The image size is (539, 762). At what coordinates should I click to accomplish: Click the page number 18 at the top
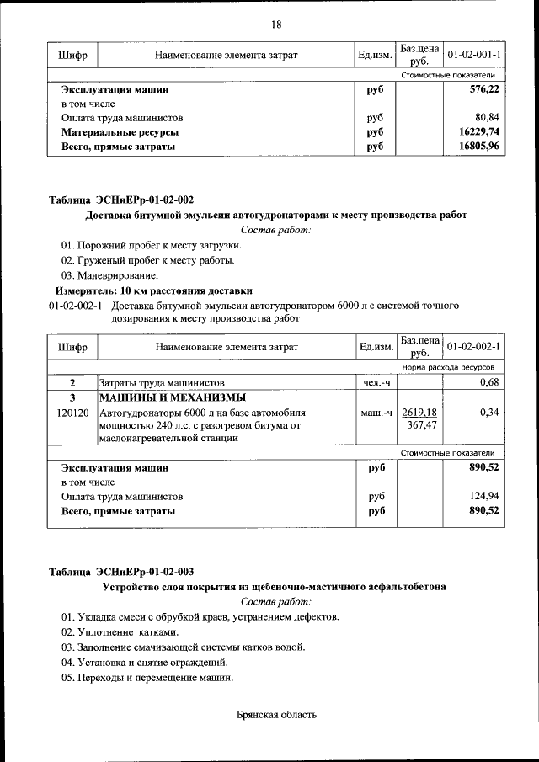pyautogui.click(x=275, y=24)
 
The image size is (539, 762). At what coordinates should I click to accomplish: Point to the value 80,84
pyautogui.click(x=487, y=118)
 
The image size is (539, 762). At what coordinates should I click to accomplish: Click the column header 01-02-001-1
pyautogui.click(x=474, y=55)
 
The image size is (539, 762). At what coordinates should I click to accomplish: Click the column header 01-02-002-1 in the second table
pyautogui.click(x=474, y=347)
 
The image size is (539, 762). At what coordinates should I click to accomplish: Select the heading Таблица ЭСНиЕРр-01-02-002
pyautogui.click(x=121, y=200)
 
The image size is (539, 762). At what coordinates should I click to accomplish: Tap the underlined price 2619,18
pyautogui.click(x=419, y=413)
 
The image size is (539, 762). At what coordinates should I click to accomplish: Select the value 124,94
pyautogui.click(x=483, y=496)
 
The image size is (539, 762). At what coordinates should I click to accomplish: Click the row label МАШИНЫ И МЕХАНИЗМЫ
pyautogui.click(x=173, y=398)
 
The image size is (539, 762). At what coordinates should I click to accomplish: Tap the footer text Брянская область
pyautogui.click(x=276, y=716)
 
